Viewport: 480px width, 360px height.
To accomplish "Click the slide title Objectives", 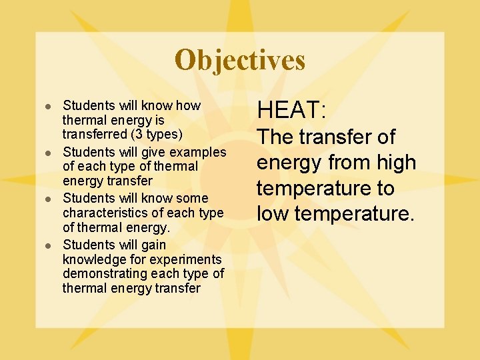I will pos(240,60).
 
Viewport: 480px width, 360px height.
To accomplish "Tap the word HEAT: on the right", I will pos(291,110).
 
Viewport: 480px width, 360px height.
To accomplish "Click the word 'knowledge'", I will pos(94,259).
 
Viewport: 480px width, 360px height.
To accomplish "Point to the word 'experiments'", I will pos(187,259).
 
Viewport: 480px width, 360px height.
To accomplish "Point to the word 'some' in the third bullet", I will pos(193,198).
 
